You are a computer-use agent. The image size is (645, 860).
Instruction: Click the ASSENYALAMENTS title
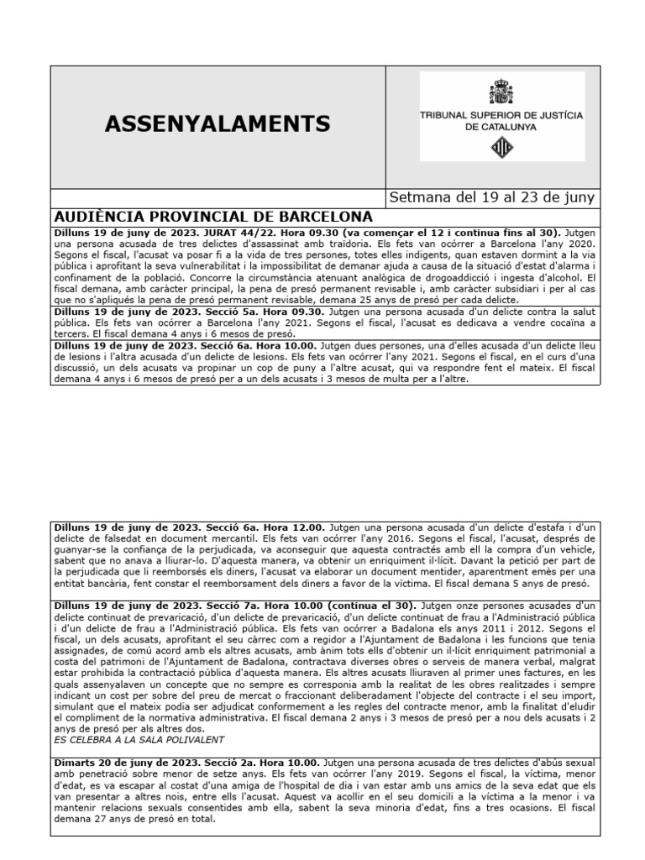pos(218,124)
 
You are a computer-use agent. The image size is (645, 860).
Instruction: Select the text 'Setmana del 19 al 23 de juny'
pos(492,198)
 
